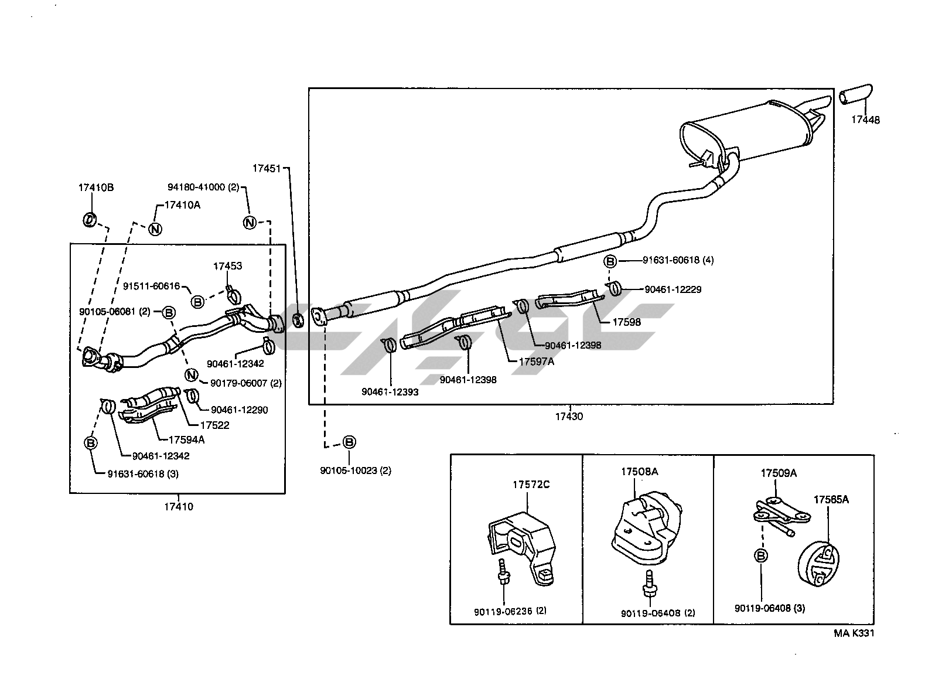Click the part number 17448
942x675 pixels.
click(865, 120)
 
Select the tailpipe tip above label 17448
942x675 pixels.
click(856, 96)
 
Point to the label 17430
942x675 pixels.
click(569, 417)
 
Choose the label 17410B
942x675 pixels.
click(95, 188)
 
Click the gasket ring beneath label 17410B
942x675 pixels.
click(88, 220)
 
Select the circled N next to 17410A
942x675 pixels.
click(155, 229)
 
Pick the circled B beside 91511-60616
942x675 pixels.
click(197, 301)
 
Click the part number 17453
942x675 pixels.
click(227, 266)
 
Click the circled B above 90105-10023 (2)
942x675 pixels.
click(349, 442)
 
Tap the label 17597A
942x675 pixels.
click(536, 362)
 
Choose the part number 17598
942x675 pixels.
click(626, 322)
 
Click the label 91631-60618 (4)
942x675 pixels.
click(678, 260)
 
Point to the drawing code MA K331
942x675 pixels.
click(854, 633)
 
